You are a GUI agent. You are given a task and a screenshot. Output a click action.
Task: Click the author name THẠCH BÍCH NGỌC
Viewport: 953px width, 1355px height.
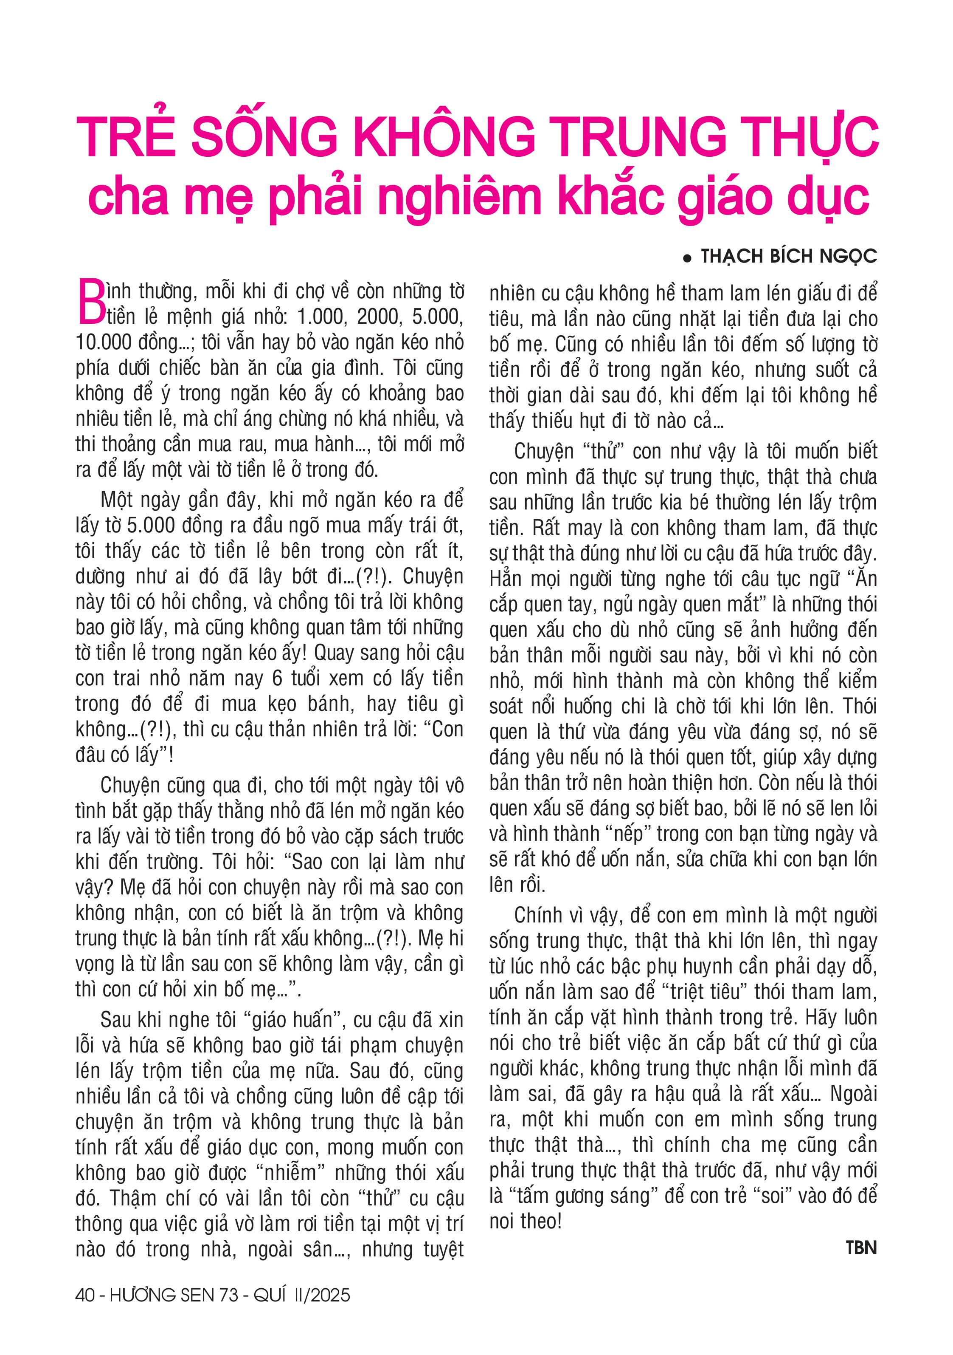pyautogui.click(x=788, y=256)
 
